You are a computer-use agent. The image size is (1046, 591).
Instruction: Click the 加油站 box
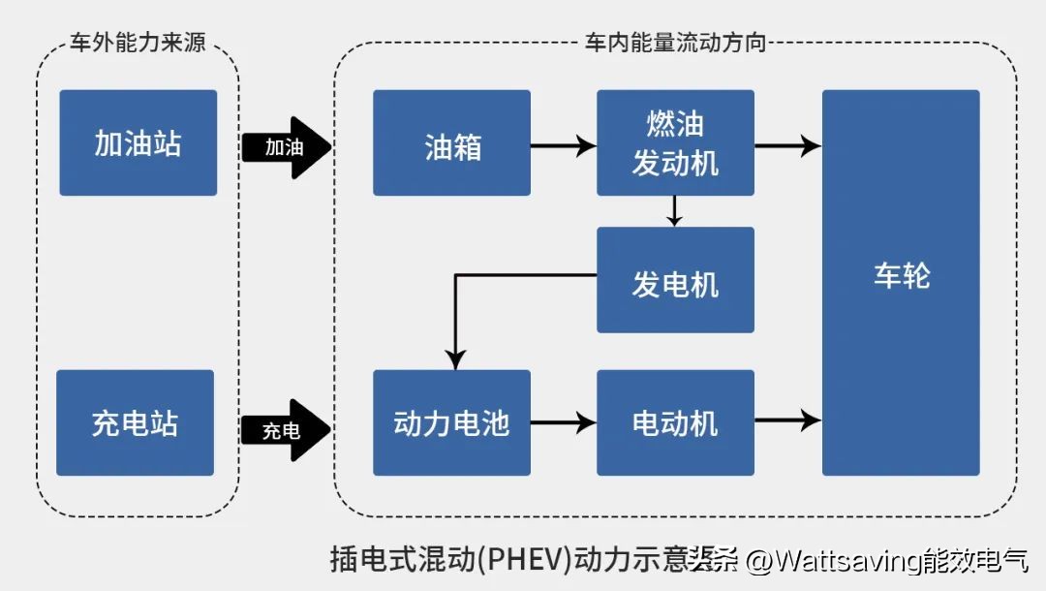coord(138,143)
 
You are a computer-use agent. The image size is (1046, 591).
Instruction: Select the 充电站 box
coord(135,422)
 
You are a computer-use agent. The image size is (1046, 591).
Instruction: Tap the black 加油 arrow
coord(286,147)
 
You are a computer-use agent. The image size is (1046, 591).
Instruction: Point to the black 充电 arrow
coord(286,430)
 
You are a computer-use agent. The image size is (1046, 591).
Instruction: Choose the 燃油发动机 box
coord(675,143)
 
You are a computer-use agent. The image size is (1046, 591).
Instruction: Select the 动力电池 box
coord(451,422)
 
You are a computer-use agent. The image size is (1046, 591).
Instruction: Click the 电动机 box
coord(675,422)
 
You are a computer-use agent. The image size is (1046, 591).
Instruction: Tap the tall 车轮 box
coord(901,282)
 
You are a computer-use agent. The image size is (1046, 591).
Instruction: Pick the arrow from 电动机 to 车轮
coord(787,420)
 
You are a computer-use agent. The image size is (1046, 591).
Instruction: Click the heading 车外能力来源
coord(138,44)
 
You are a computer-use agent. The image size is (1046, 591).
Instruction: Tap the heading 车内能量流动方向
coord(675,44)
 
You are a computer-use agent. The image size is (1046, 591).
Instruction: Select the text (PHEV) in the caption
coord(526,560)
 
